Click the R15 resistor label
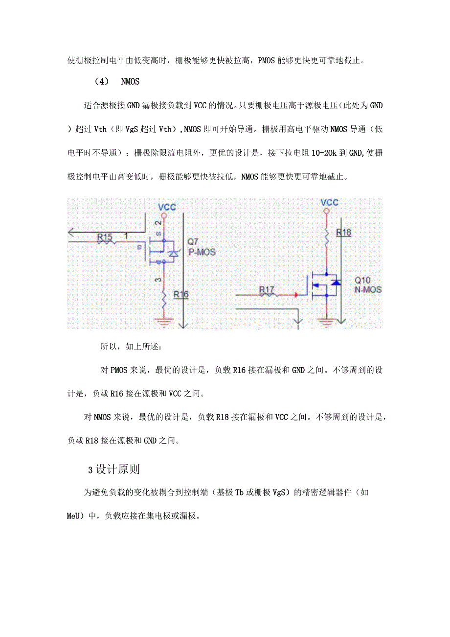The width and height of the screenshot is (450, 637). [x=105, y=237]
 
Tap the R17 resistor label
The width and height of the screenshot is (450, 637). [x=267, y=290]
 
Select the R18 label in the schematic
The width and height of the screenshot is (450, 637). [x=344, y=233]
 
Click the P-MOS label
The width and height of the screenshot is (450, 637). [x=201, y=252]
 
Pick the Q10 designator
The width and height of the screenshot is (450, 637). [x=363, y=281]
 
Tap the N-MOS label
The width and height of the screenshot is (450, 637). [x=368, y=290]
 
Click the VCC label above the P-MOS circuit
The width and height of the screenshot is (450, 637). [x=167, y=208]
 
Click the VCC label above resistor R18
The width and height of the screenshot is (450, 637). [x=329, y=202]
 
